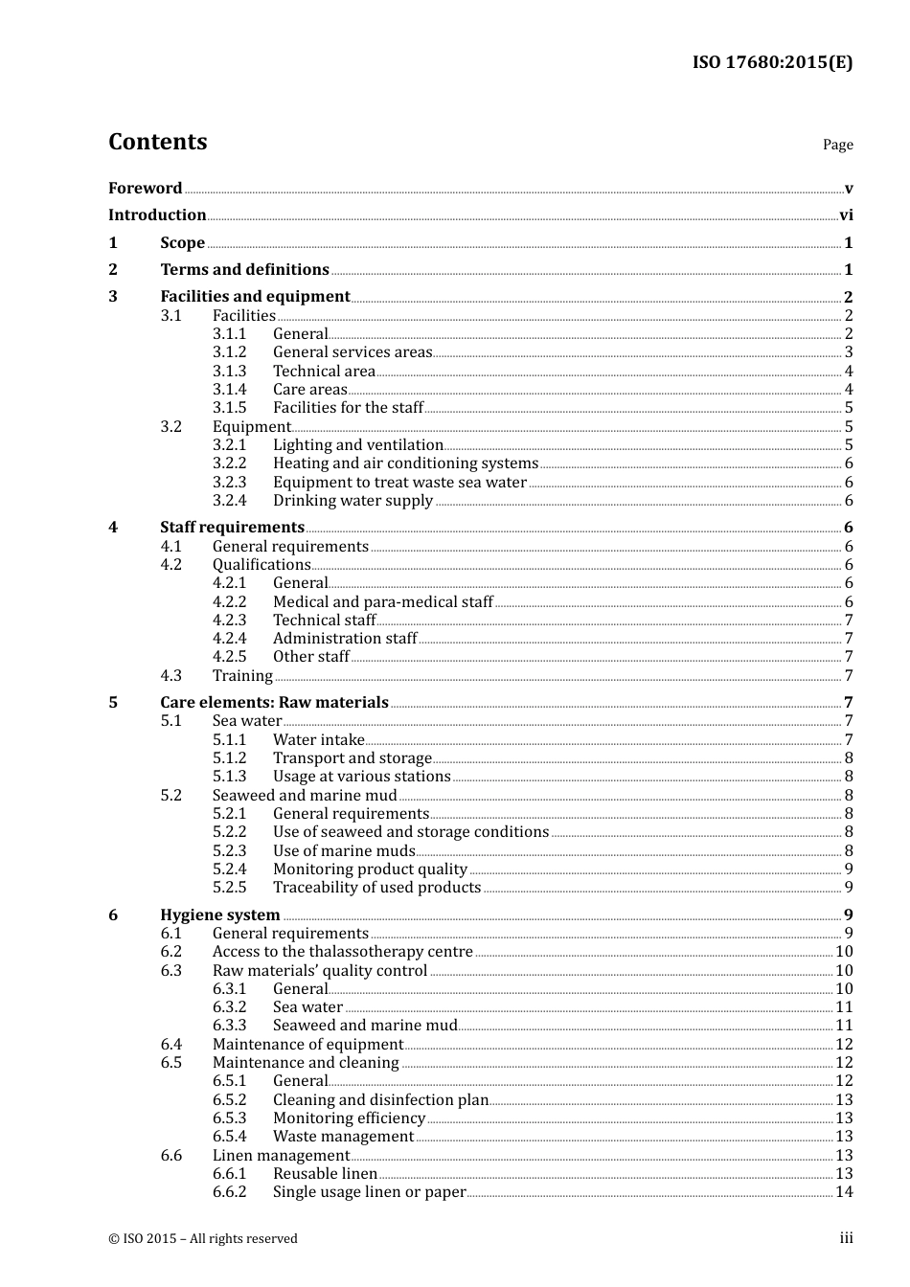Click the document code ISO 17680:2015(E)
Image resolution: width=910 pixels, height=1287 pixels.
click(772, 62)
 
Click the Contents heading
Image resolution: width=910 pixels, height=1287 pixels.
click(157, 142)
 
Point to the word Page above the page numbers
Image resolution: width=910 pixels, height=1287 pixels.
click(837, 145)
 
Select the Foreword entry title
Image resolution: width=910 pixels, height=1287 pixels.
click(145, 189)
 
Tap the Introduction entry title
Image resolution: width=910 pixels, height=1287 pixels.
click(157, 215)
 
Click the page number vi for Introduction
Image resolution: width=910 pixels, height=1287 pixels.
click(846, 215)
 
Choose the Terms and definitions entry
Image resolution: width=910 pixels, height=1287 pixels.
click(244, 270)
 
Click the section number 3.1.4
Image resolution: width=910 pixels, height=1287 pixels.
click(229, 390)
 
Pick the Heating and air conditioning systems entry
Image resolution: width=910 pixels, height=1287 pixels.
click(405, 463)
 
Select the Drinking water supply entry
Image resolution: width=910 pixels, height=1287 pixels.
click(353, 501)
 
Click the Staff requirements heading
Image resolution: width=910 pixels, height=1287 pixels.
click(232, 528)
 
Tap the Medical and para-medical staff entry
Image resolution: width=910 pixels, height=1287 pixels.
click(382, 602)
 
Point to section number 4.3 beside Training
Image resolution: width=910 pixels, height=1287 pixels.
click(171, 676)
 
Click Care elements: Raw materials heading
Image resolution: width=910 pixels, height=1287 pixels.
click(274, 703)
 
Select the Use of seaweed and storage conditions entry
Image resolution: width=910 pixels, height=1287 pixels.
click(410, 832)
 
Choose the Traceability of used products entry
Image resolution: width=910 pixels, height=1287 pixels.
click(376, 888)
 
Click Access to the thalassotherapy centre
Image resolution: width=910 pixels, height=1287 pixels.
click(342, 952)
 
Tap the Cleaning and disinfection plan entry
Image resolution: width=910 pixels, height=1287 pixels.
click(380, 1100)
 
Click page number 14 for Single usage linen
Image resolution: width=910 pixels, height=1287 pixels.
click(844, 1192)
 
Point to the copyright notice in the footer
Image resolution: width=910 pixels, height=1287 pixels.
click(203, 1239)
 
